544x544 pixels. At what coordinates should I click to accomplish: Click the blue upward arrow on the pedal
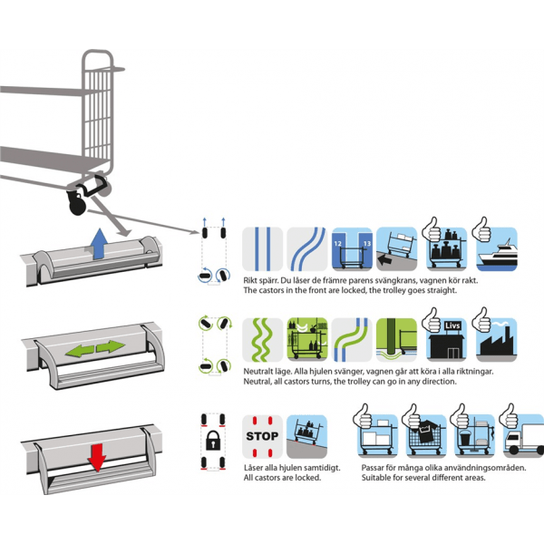tap(99, 241)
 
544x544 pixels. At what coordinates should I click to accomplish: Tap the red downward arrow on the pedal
tap(94, 456)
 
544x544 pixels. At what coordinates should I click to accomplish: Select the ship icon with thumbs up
tap(495, 247)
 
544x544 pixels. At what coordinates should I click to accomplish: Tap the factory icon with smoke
tap(495, 337)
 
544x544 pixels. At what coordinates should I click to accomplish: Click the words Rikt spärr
tap(264, 279)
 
